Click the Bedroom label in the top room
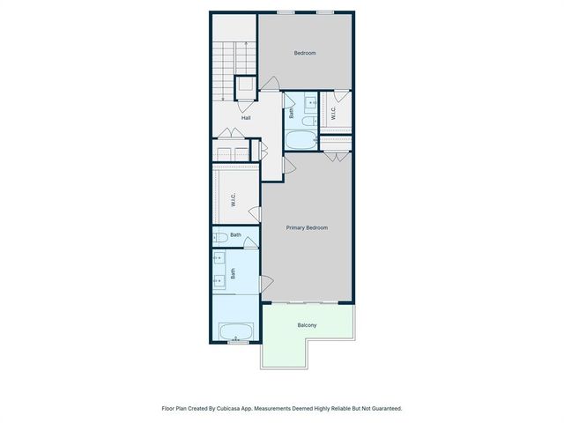(305, 53)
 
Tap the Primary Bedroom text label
(307, 228)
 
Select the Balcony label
(307, 326)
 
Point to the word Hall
(247, 117)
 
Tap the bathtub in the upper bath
(301, 141)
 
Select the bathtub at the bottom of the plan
(235, 332)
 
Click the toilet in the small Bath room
(219, 236)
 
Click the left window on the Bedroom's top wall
(284, 12)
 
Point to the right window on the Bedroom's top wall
(325, 12)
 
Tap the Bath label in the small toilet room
(235, 235)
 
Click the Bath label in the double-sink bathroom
(234, 274)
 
